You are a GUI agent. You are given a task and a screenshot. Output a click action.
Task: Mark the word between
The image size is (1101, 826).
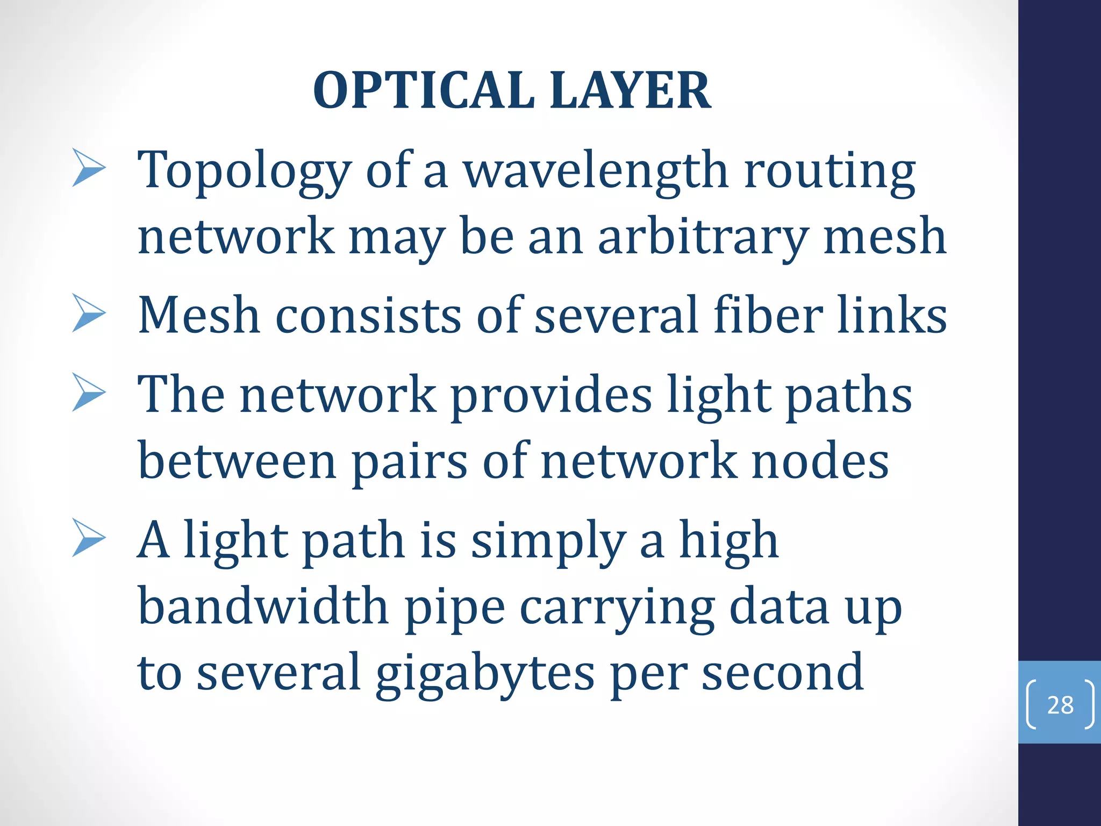pos(237,461)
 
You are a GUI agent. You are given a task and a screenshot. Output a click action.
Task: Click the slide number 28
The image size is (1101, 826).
pos(1060,705)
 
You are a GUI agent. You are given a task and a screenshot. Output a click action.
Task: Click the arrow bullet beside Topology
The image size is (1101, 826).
pos(89,168)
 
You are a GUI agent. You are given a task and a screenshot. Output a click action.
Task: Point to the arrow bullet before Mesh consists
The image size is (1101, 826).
pos(89,313)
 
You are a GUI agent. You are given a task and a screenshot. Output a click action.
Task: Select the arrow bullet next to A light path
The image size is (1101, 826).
pos(89,538)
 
